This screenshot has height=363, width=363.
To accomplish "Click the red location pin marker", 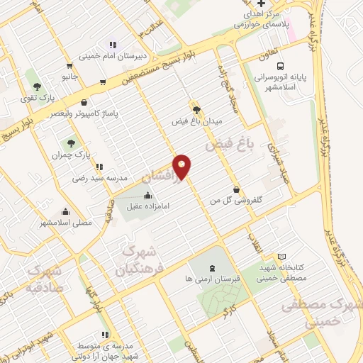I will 182,166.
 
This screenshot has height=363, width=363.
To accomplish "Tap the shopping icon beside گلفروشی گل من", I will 236,189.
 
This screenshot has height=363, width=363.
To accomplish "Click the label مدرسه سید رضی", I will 99,179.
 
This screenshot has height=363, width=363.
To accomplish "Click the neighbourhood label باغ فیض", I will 230,145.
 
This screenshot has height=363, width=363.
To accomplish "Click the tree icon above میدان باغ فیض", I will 196,110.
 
